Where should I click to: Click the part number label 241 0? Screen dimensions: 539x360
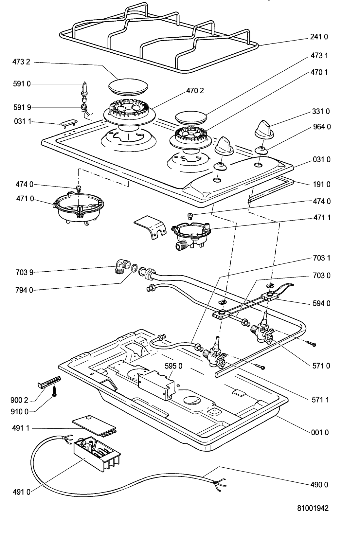(x=319, y=37)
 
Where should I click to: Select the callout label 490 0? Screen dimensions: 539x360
(x=319, y=485)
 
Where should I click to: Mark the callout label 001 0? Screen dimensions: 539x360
(x=319, y=432)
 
